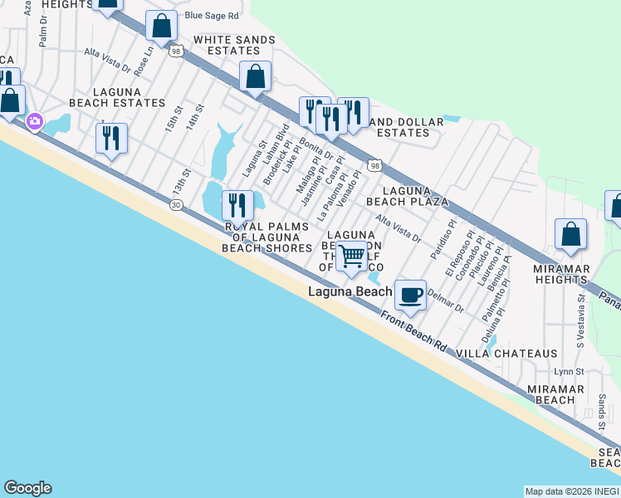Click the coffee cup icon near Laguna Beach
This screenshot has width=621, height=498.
click(410, 294)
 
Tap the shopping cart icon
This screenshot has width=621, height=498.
click(352, 256)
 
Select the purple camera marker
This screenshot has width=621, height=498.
click(34, 121)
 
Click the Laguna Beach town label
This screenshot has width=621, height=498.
click(350, 292)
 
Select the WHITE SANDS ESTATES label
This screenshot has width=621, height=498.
click(227, 45)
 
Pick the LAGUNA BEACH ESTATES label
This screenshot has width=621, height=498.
click(117, 97)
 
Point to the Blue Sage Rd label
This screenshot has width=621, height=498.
click(212, 16)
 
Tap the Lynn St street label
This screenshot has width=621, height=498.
click(569, 372)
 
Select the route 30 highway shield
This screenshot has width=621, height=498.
click(175, 205)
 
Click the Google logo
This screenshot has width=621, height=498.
click(27, 488)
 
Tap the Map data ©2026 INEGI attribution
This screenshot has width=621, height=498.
click(572, 491)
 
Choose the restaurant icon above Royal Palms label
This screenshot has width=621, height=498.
click(237, 204)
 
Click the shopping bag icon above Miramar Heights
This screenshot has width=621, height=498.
click(570, 235)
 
